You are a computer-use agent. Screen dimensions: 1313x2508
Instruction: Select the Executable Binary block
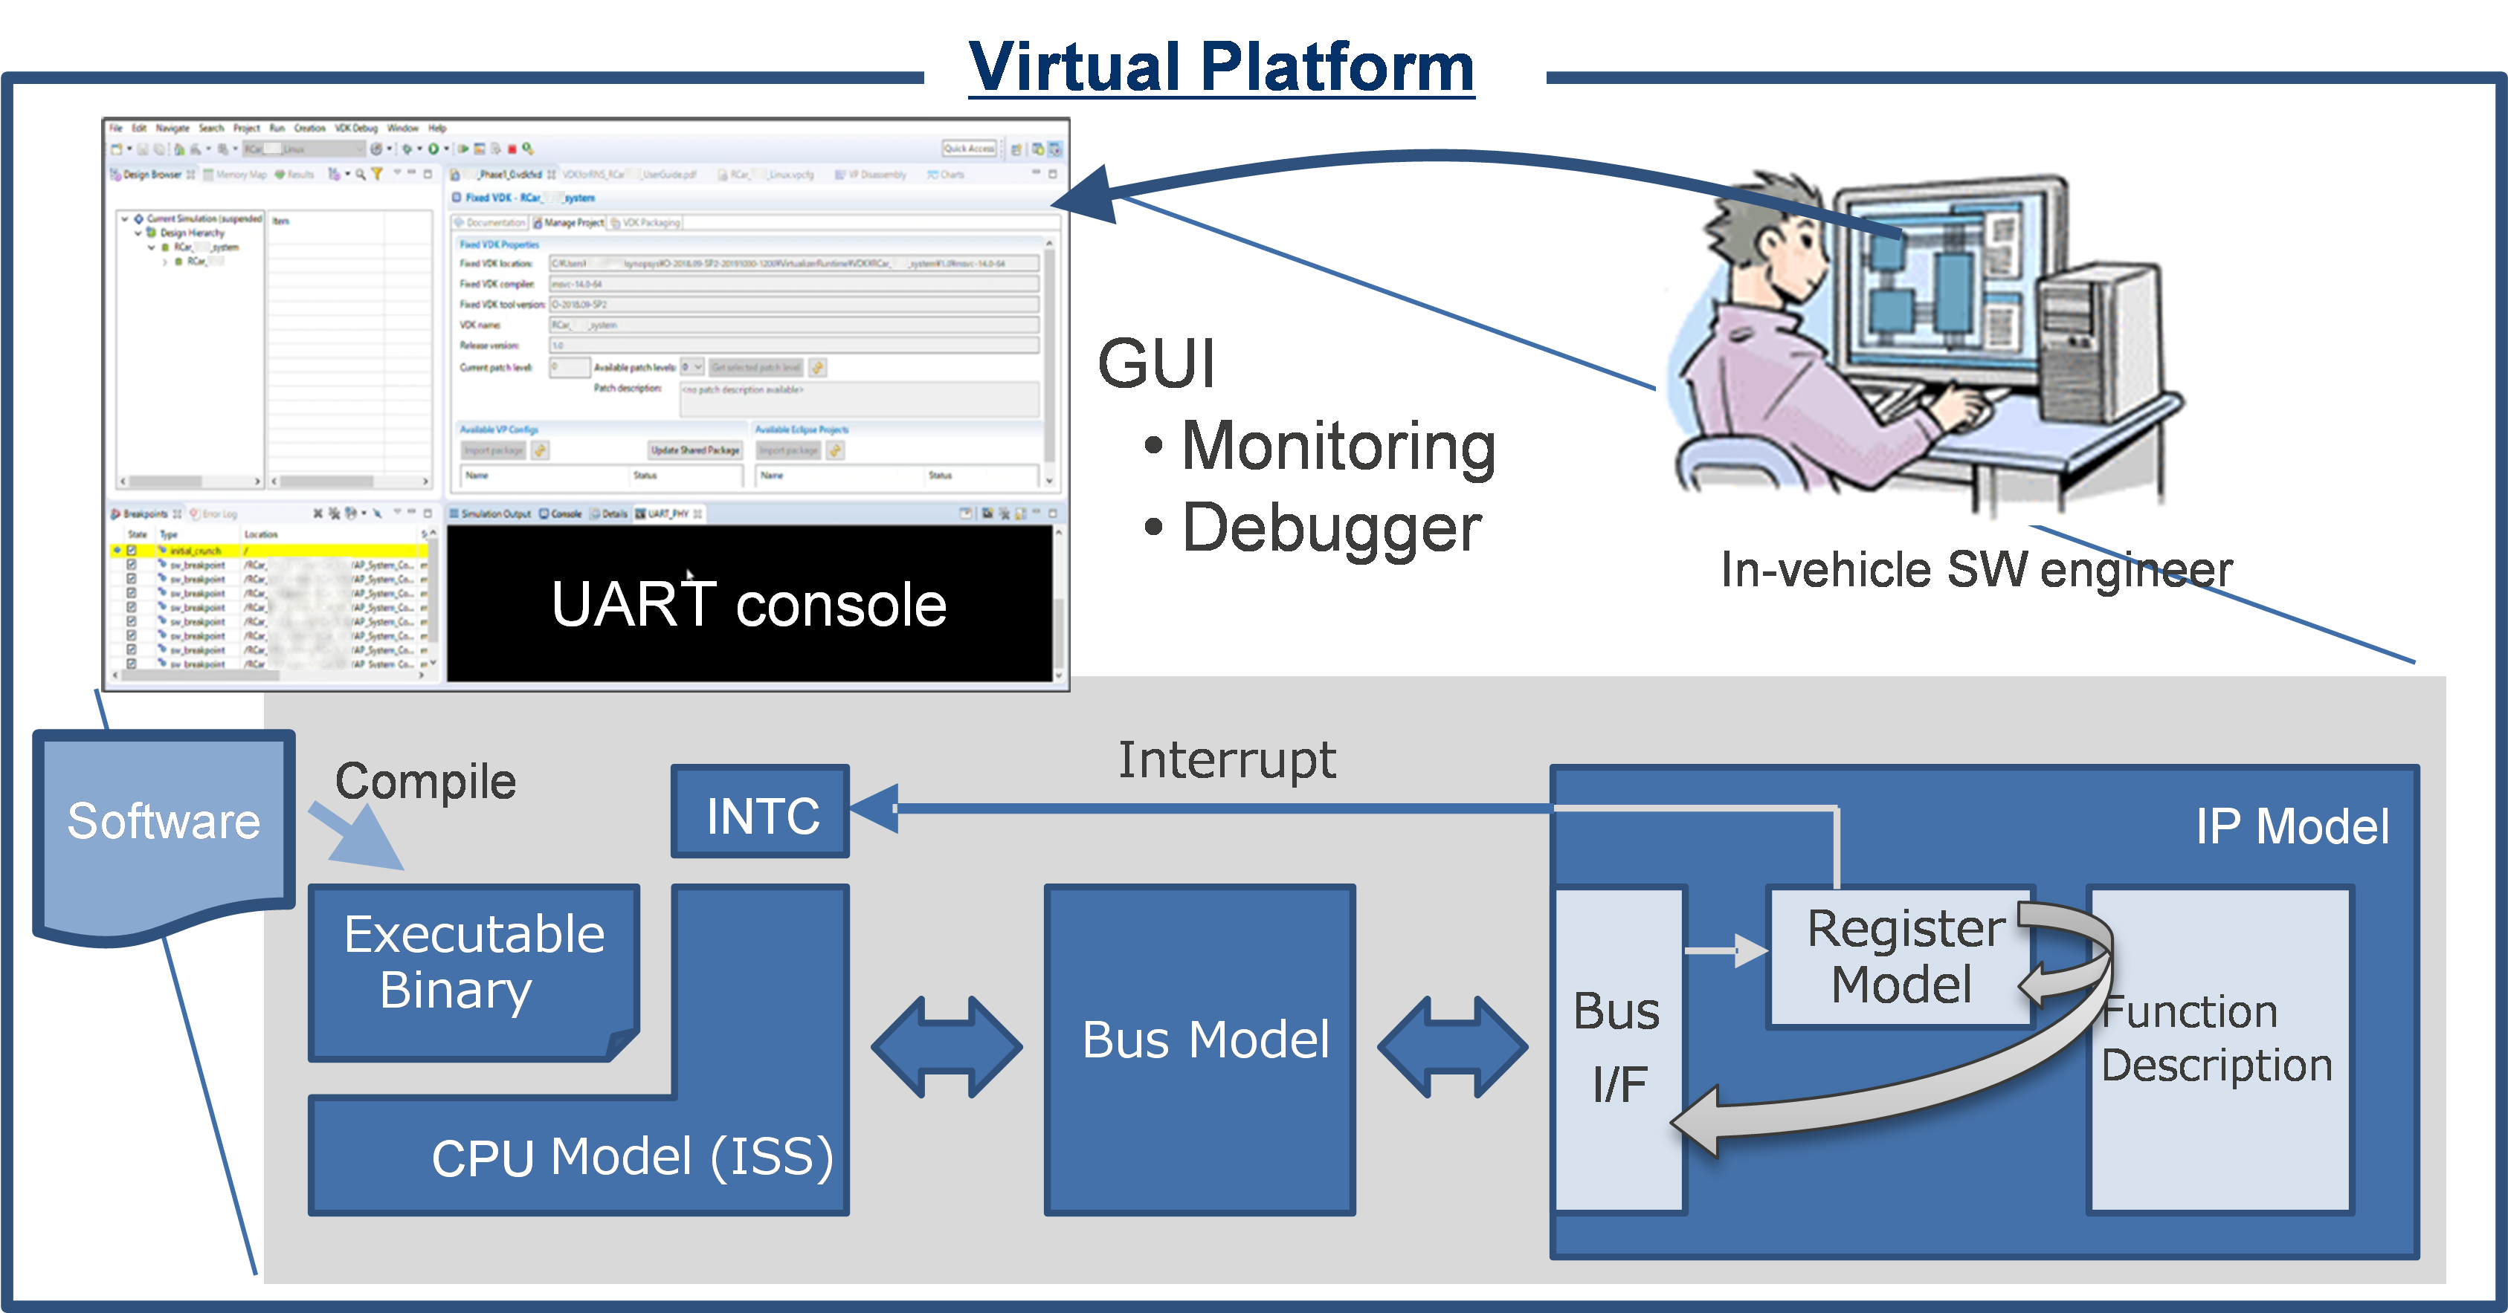[474, 964]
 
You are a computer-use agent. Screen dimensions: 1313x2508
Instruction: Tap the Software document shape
[164, 823]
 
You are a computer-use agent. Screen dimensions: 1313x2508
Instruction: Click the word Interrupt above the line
[1227, 760]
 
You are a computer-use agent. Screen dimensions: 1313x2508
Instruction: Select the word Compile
[425, 782]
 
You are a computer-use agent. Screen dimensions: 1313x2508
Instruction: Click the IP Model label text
[2292, 827]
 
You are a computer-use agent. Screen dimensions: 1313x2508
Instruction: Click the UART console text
[749, 604]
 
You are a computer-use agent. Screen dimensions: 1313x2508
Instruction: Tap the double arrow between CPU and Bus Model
[947, 1047]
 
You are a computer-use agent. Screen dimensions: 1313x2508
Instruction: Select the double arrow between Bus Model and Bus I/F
[1453, 1047]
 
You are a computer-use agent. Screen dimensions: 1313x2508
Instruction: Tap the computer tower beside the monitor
[2103, 360]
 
